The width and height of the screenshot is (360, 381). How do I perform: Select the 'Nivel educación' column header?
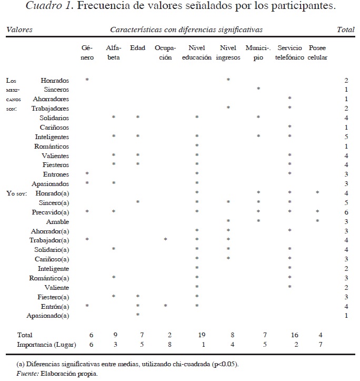click(x=196, y=53)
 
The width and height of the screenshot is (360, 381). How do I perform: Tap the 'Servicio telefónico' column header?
click(x=289, y=53)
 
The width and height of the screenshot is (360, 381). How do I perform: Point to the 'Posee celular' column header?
click(x=317, y=53)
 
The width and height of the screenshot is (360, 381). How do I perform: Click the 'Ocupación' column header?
click(x=165, y=53)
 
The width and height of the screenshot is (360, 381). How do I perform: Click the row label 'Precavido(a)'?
click(x=52, y=212)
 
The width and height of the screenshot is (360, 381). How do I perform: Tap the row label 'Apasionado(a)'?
click(x=48, y=316)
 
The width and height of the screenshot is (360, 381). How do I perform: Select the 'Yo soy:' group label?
click(x=16, y=193)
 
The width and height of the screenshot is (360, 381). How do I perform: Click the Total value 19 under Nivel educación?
click(x=196, y=335)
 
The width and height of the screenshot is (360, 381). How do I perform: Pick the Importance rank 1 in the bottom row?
click(x=196, y=345)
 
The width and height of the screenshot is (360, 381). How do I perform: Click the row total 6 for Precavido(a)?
click(x=346, y=212)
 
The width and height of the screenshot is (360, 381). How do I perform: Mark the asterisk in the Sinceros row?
click(x=258, y=90)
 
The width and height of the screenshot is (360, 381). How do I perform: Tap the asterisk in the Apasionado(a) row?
click(x=137, y=316)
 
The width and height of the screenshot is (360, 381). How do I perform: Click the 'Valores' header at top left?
click(x=19, y=30)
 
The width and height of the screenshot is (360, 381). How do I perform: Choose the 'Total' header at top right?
click(x=345, y=30)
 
